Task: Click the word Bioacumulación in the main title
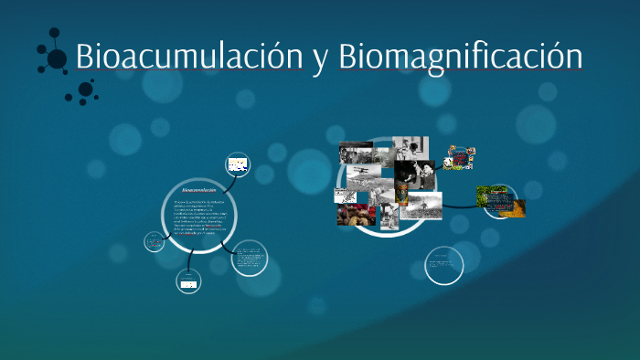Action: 188,56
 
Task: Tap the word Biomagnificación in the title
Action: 460,56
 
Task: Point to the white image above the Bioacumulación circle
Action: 238,165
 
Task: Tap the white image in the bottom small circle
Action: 187,284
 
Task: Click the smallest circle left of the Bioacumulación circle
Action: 155,243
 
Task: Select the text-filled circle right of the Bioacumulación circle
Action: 248,259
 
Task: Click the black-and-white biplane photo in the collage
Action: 362,174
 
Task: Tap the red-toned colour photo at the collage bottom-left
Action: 356,215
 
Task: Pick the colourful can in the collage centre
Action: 402,193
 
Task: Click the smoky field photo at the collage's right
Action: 422,205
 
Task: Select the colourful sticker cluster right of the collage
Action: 459,157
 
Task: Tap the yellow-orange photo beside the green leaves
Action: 516,206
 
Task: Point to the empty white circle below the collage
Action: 444,266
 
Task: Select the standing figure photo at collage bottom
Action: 389,217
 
